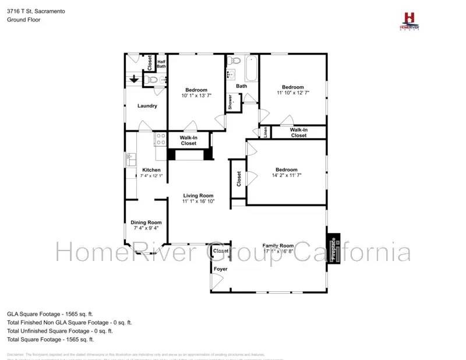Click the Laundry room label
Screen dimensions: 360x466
pyautogui.click(x=147, y=106)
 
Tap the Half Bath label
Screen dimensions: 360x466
pyautogui.click(x=161, y=64)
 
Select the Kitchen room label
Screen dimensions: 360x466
pyautogui.click(x=151, y=170)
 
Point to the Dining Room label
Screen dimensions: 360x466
pyautogui.click(x=146, y=222)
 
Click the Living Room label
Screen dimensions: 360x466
pyautogui.click(x=198, y=196)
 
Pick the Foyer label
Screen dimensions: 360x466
pyautogui.click(x=221, y=269)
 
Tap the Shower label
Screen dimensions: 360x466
pyautogui.click(x=230, y=103)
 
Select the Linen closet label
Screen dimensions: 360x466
pyautogui.click(x=265, y=132)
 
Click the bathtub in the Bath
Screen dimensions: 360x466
pyautogui.click(x=252, y=68)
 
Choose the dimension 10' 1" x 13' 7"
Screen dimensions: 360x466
pyautogui.click(x=196, y=96)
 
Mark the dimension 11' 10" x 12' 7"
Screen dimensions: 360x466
pyautogui.click(x=293, y=93)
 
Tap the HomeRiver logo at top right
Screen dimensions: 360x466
pyautogui.click(x=409, y=20)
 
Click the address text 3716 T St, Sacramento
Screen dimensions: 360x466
pyautogui.click(x=36, y=11)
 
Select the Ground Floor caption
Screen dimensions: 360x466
pyautogui.click(x=23, y=19)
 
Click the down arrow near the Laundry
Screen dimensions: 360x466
pyautogui.click(x=134, y=79)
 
